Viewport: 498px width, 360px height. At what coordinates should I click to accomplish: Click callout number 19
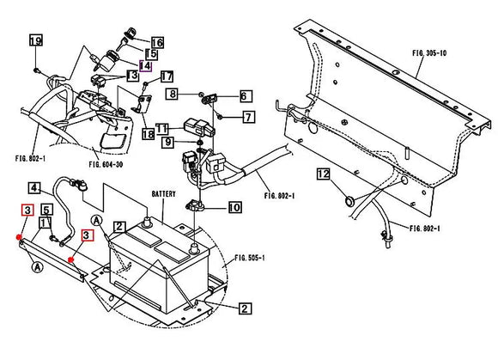pos(35,41)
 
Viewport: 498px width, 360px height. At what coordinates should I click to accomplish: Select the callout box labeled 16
pos(157,43)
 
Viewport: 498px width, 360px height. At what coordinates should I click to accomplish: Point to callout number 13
pos(133,76)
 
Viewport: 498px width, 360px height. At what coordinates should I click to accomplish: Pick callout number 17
pos(167,76)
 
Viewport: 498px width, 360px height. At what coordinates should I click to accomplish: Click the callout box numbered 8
pos(173,93)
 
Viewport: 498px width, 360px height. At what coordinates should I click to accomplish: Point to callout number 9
pos(169,142)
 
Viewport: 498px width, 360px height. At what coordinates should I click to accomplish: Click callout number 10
pos(234,207)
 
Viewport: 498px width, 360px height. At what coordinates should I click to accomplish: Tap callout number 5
pos(47,209)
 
